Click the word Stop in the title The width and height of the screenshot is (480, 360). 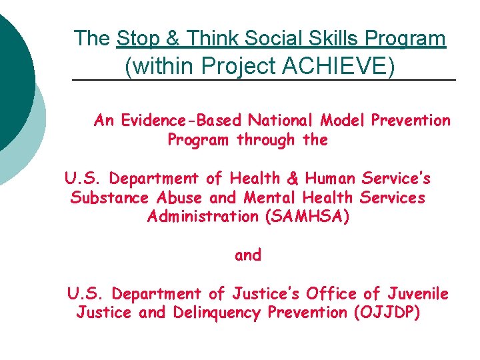(x=137, y=39)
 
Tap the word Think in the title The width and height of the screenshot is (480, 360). (x=209, y=39)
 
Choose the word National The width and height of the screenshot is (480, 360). (x=282, y=121)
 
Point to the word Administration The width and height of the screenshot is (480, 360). (x=200, y=217)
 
